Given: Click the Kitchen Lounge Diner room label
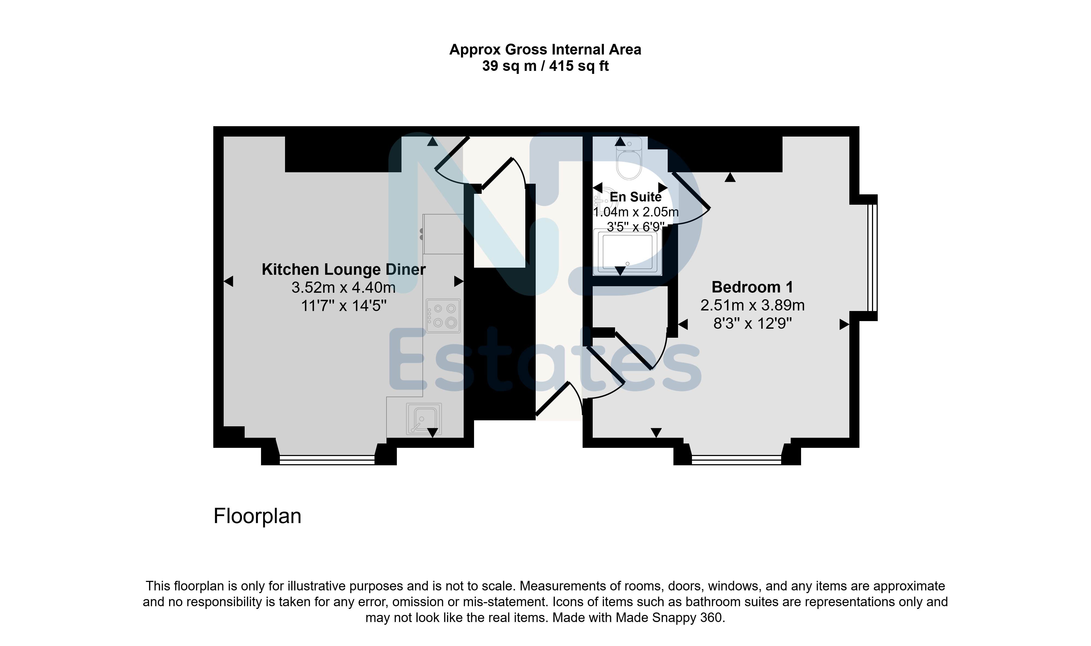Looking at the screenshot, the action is tap(344, 270).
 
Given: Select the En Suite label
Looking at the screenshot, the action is tap(636, 197).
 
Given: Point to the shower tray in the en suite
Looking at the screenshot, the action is tap(627, 252).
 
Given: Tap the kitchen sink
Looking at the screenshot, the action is tap(423, 419).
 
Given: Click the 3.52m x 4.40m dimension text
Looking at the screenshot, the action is tap(344, 287).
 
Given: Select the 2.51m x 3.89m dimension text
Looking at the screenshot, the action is tap(752, 305).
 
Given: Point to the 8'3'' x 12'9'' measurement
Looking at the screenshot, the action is tap(752, 324).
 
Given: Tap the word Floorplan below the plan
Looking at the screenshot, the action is tap(257, 516).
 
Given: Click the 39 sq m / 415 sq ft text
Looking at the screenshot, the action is tap(545, 66).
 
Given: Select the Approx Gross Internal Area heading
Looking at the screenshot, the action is tap(545, 50).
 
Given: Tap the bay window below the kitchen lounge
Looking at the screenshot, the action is tap(327, 460).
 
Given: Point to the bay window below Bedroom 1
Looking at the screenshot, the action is tap(736, 460).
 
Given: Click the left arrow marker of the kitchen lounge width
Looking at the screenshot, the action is tap(228, 282).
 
